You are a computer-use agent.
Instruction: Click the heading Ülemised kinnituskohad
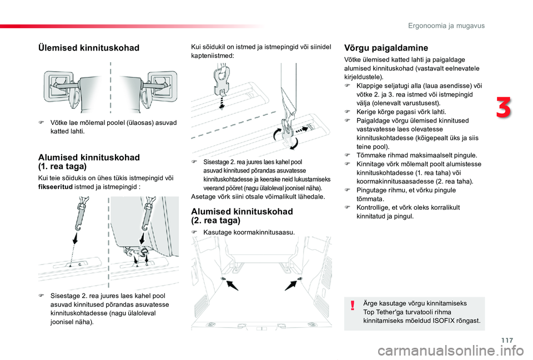pos(88,48)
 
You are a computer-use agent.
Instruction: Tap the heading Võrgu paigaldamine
pos(386,48)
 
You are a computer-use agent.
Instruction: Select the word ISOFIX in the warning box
pos(444,321)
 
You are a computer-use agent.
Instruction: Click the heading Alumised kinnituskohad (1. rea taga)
pos(89,161)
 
